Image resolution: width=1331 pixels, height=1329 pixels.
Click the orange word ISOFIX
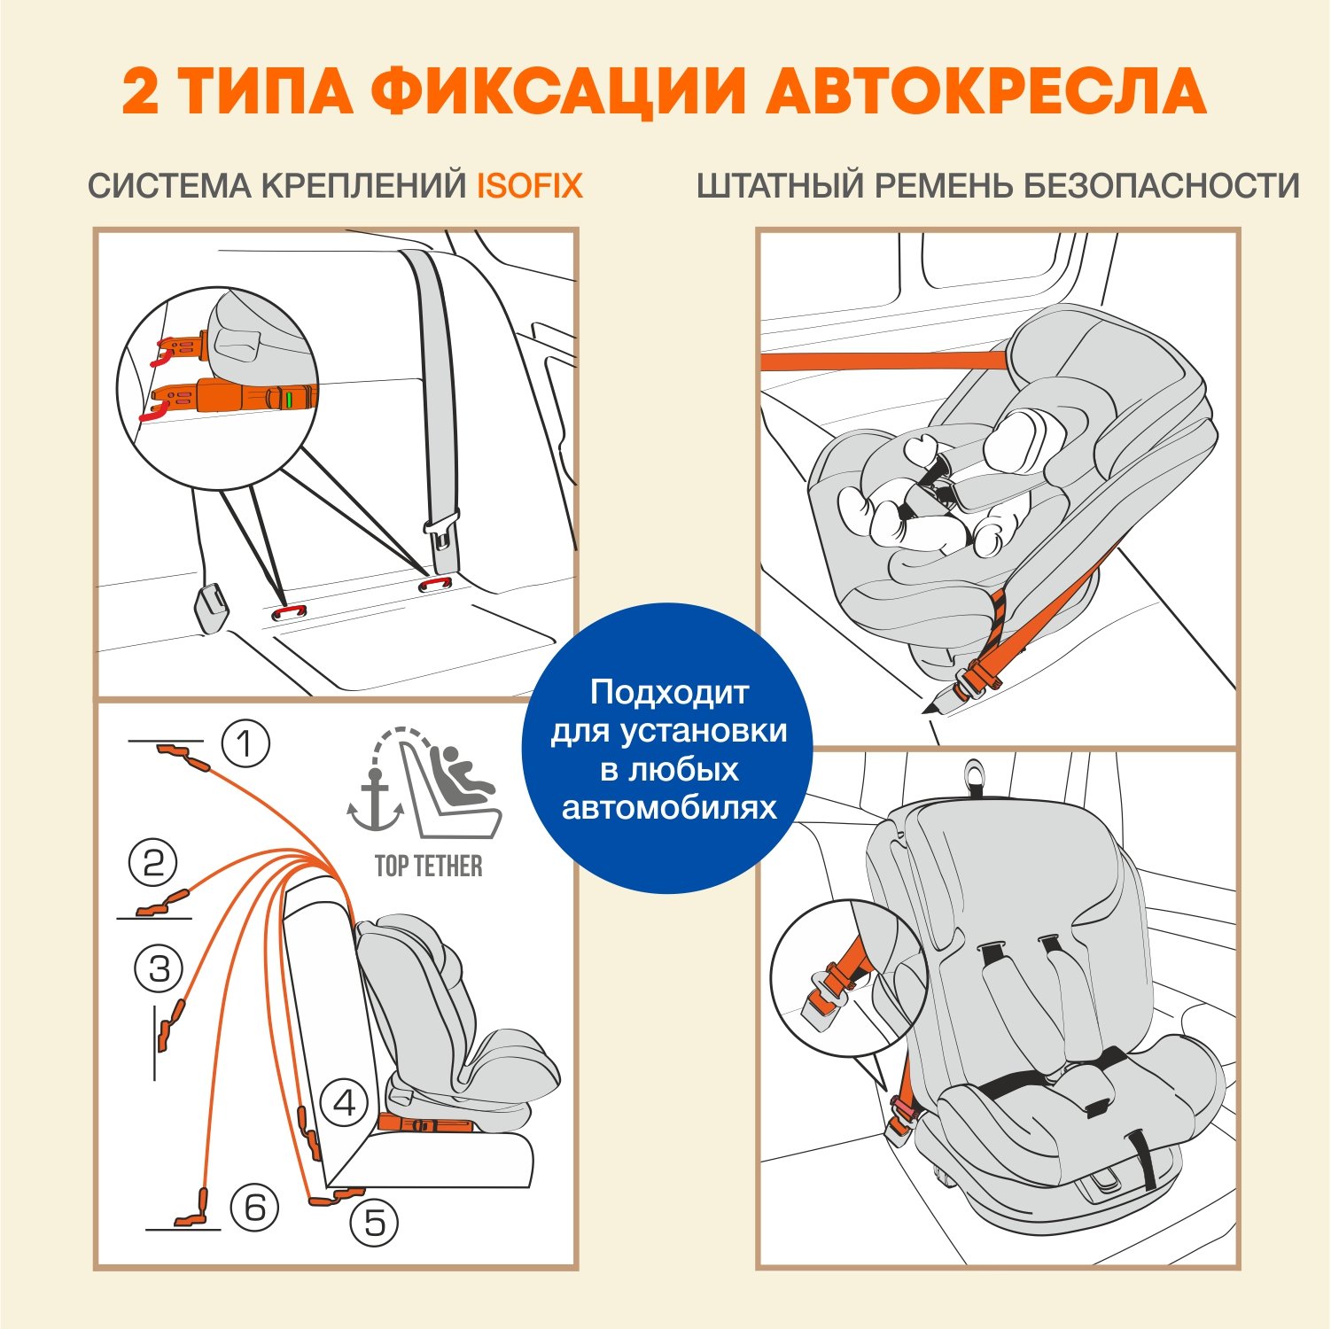530,186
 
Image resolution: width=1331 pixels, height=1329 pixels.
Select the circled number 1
245,743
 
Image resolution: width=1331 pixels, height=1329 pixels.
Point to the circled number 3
159,968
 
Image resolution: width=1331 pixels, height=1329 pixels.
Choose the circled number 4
344,1103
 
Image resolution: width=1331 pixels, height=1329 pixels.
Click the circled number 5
374,1223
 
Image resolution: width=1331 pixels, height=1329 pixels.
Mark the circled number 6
254,1207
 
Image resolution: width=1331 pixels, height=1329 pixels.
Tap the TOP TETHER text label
429,866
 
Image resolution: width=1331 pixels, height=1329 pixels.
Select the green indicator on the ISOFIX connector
289,399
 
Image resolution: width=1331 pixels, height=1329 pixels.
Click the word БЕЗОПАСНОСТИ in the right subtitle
1162,186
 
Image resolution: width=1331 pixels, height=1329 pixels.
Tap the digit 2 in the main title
141,91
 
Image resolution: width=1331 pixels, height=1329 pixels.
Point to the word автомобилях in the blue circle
669,807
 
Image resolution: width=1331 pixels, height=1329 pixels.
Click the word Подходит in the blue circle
669,692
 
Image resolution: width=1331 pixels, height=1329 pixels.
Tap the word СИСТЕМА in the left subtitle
169,186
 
